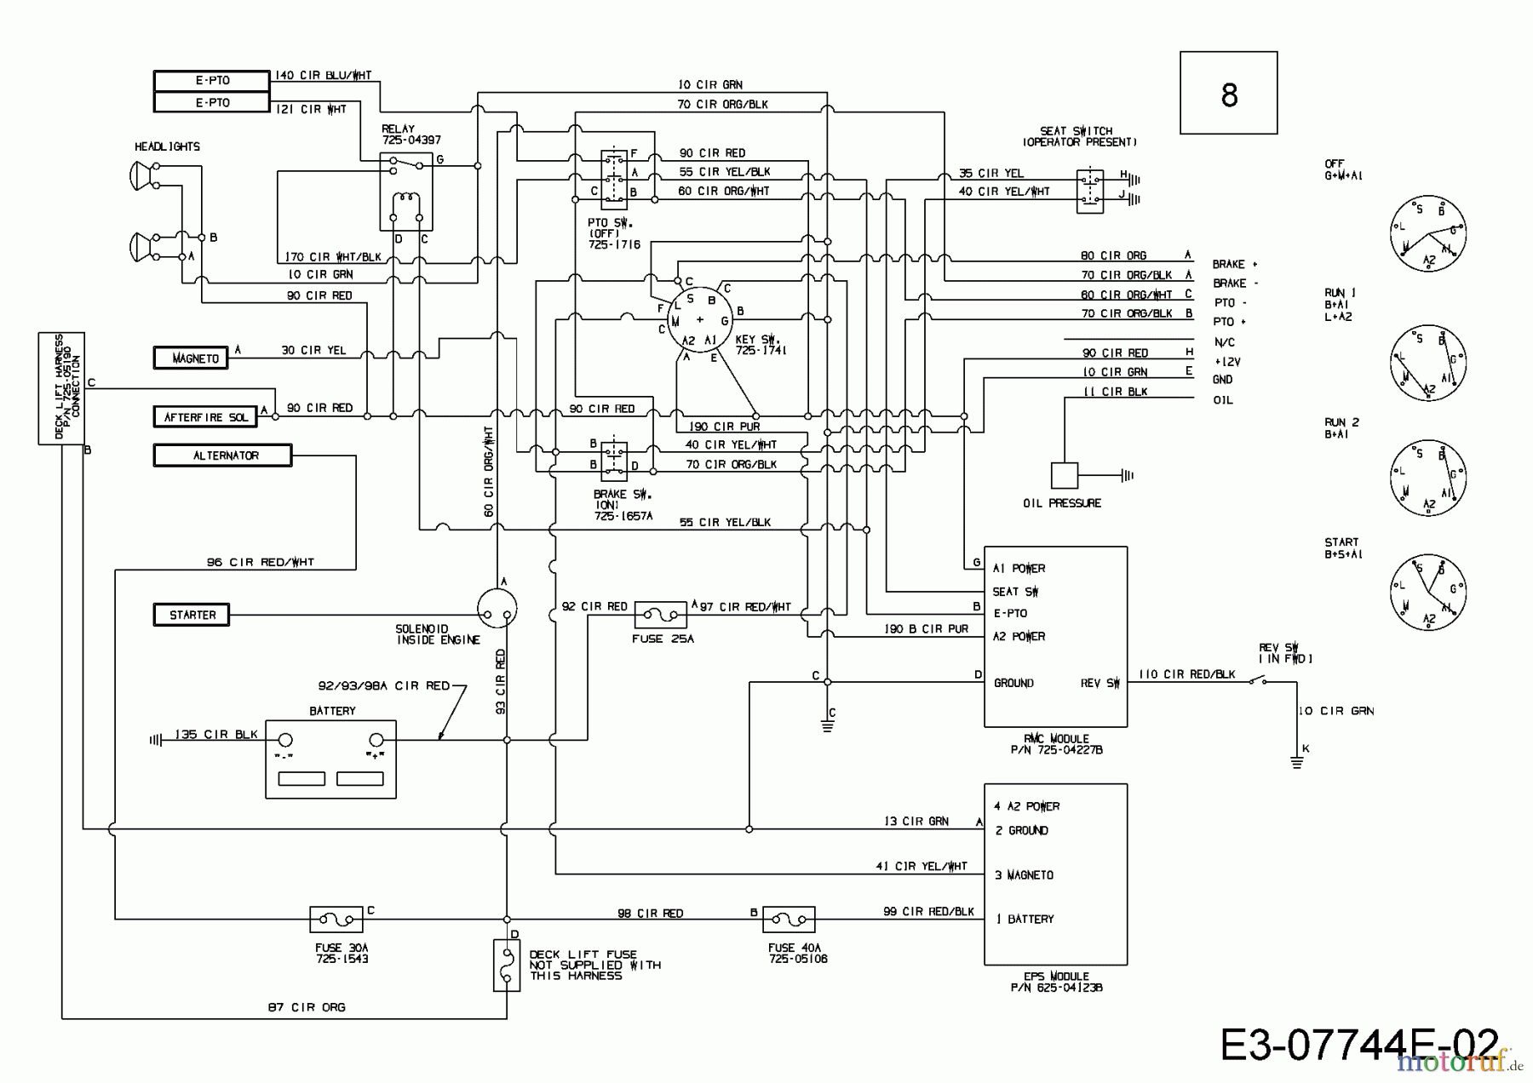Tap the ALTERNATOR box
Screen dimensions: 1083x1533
click(x=222, y=456)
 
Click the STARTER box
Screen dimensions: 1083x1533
click(x=192, y=615)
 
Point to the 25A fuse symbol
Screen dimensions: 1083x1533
click(x=661, y=614)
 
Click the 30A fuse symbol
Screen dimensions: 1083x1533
click(x=336, y=920)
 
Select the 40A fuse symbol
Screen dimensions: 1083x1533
click(x=789, y=920)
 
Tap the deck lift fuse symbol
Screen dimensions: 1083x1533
click(x=507, y=966)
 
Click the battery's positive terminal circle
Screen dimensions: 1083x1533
click(x=376, y=740)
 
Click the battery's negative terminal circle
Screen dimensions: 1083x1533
click(x=286, y=740)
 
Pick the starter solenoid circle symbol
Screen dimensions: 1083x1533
click(x=497, y=607)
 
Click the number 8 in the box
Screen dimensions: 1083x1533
click(x=1228, y=94)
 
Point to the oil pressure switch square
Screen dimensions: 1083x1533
click(x=1064, y=475)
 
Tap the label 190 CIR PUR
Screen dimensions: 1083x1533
click(x=724, y=426)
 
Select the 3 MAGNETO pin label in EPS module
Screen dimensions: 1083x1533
click(x=1025, y=875)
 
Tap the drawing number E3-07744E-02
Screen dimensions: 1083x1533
click(x=1358, y=1044)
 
